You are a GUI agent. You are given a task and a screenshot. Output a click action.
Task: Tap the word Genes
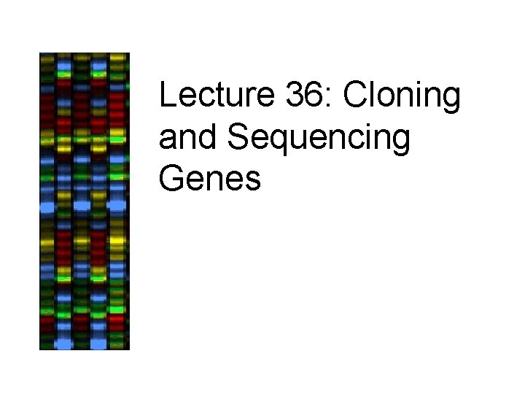[209, 178]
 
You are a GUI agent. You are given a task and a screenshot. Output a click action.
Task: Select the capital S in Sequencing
[238, 138]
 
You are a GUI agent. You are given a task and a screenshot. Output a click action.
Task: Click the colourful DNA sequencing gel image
[84, 201]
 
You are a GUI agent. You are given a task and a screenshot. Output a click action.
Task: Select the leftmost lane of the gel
[48, 201]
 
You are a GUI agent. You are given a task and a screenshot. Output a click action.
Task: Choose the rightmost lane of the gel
[117, 201]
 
